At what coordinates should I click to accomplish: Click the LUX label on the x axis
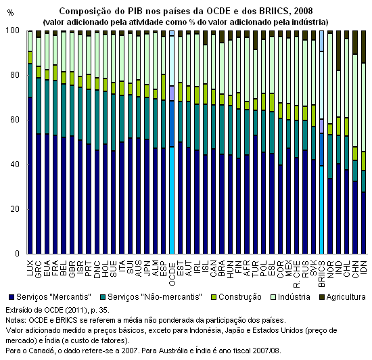pos(30,269)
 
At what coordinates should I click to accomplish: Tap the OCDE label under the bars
pos(172,273)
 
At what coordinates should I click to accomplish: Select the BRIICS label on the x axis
pos(322,274)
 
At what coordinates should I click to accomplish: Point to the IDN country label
pos(363,268)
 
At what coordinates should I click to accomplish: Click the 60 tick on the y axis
pos(14,120)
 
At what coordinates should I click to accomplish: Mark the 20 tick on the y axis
pos(14,209)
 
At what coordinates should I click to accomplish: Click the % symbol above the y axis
pos(10,13)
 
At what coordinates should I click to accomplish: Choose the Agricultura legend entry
pos(342,297)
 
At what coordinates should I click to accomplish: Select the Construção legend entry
pos(236,297)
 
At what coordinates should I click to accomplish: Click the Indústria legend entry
pos(290,297)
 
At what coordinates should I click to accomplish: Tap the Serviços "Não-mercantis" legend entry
pos(151,297)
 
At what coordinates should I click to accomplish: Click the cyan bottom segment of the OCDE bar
pos(172,200)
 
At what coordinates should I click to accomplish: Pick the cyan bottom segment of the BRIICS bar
pos(322,210)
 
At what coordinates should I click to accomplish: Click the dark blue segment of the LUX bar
pos(30,175)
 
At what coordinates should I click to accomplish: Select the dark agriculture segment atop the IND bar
pos(339,51)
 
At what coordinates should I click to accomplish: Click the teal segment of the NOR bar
pos(330,156)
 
